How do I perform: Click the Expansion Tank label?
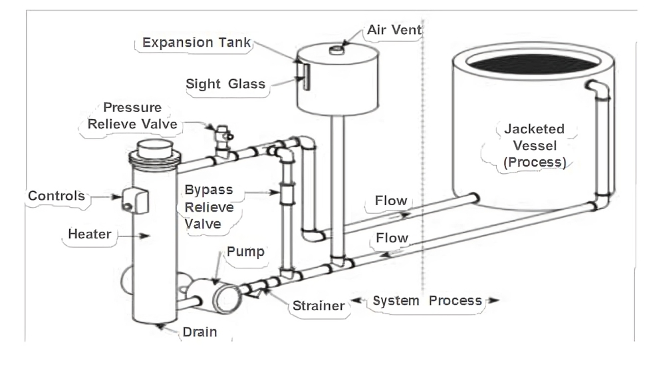pos(197,43)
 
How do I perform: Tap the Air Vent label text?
pos(394,30)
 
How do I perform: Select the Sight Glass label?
pos(225,84)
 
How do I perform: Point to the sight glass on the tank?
pos(306,77)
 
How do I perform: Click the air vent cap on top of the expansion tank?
pos(336,50)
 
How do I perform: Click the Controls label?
pos(57,196)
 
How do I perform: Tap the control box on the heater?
pos(135,200)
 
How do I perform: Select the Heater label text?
pos(90,234)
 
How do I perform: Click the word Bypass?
pos(209,190)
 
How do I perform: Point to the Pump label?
pos(245,251)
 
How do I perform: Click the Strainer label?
pos(319,306)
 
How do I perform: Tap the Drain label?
pos(199,332)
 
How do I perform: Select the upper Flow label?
pos(391,200)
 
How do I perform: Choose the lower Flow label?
pos(392,238)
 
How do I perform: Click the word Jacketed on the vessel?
pos(535,129)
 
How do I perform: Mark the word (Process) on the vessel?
pos(535,163)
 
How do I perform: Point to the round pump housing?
pos(227,298)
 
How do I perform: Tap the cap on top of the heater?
pos(155,149)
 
